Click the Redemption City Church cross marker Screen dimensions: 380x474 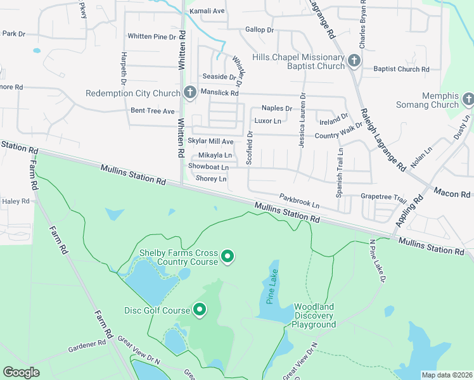pyautogui.click(x=189, y=93)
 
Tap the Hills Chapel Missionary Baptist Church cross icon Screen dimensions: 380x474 pyautogui.click(x=354, y=61)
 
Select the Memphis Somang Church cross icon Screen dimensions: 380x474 pyautogui.click(x=468, y=99)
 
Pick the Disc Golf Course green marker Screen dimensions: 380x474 pyautogui.click(x=200, y=310)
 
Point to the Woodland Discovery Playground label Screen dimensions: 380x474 pyautogui.click(x=314, y=315)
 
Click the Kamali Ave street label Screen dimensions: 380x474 pyautogui.click(x=207, y=11)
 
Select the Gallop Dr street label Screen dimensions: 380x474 pyautogui.click(x=259, y=30)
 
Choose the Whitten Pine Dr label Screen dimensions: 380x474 pyautogui.click(x=151, y=37)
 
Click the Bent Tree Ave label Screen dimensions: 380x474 pyautogui.click(x=152, y=111)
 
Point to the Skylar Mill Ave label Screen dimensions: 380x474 pyautogui.click(x=210, y=141)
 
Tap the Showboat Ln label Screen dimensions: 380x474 pyautogui.click(x=208, y=166)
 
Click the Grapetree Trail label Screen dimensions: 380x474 pyautogui.click(x=383, y=198)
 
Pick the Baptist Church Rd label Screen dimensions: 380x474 pyautogui.click(x=401, y=69)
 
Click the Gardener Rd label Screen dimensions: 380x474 pyautogui.click(x=87, y=346)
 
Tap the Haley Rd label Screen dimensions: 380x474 pyautogui.click(x=16, y=201)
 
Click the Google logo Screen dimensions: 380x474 pyautogui.click(x=21, y=372)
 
